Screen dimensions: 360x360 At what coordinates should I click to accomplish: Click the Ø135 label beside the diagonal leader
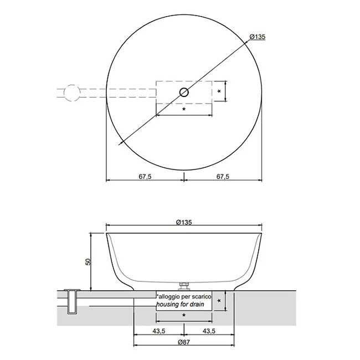point(258,37)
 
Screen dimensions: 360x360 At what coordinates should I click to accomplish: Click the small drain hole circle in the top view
point(184,92)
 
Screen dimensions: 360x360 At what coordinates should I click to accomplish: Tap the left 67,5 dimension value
point(145,177)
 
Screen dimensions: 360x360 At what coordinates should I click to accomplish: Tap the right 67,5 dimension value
point(223,177)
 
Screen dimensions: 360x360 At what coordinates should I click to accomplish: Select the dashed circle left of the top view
point(72,85)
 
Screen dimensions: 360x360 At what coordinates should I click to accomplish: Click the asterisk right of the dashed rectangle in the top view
point(219,91)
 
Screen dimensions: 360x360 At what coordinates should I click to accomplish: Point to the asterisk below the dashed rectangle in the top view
point(184,110)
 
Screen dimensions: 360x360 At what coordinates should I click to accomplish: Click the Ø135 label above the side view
point(184,222)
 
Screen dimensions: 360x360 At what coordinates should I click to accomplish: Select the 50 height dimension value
point(88,262)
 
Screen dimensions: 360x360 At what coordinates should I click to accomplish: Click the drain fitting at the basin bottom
point(184,286)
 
